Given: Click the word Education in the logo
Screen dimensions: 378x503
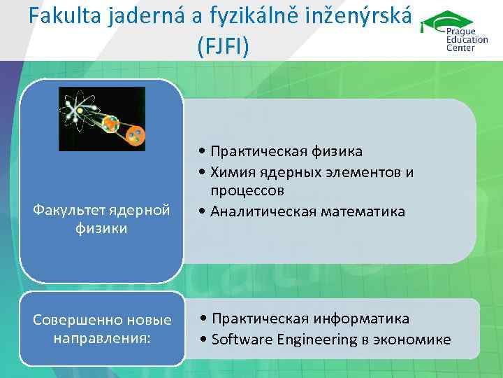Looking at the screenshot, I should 467,40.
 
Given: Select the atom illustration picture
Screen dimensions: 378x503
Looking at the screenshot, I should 102,119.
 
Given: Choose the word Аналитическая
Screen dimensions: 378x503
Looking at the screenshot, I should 264,211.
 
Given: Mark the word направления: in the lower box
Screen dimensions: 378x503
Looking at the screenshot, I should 102,338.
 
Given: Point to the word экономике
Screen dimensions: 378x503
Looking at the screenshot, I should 413,340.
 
